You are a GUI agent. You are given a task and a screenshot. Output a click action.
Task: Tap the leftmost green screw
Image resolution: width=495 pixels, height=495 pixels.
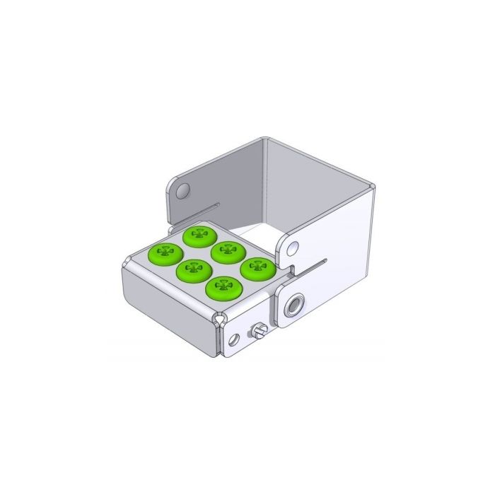pyautogui.click(x=165, y=252)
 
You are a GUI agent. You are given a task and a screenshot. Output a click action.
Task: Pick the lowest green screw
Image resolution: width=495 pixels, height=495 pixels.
pyautogui.click(x=224, y=288)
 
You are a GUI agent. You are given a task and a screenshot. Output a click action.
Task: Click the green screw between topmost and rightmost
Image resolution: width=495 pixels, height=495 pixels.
pyautogui.click(x=226, y=251)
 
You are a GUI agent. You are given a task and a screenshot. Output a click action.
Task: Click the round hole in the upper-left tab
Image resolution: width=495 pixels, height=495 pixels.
pyautogui.click(x=183, y=190)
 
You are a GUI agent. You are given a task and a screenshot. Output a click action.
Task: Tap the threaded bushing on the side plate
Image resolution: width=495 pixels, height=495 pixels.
pyautogui.click(x=292, y=305)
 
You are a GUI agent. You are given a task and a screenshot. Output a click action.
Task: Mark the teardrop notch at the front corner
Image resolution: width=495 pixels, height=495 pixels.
pyautogui.click(x=222, y=320)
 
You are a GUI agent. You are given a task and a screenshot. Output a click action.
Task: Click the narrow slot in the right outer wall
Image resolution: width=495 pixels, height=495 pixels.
pyautogui.click(x=315, y=266)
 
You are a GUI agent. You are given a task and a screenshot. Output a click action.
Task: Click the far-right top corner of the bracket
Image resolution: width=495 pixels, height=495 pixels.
pyautogui.click(x=373, y=186)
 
